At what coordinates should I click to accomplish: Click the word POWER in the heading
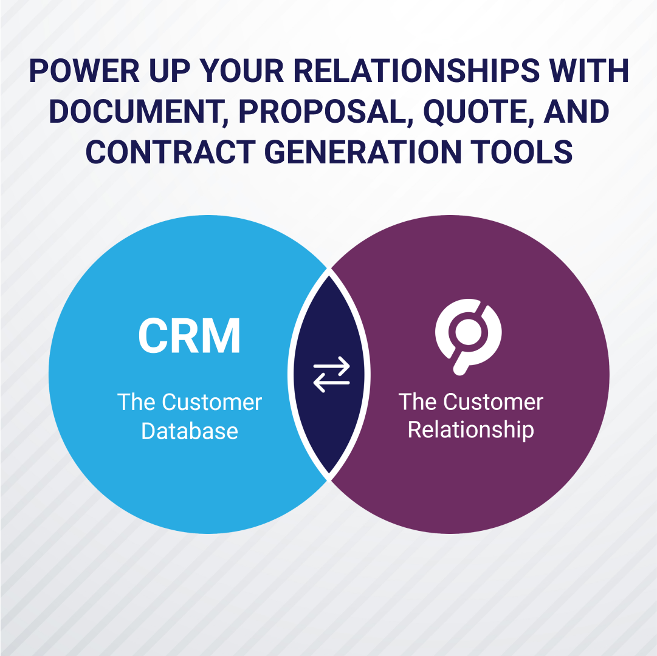pos(84,71)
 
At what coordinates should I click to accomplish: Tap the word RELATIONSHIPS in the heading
pos(416,71)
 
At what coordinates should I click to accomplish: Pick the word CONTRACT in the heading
pos(171,152)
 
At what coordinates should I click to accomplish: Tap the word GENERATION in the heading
pos(363,152)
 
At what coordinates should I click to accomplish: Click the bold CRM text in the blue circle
pos(190,336)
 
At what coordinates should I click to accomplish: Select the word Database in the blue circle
pos(190,431)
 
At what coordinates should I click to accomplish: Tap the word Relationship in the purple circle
pos(470,431)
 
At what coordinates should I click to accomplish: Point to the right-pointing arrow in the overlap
pos(331,366)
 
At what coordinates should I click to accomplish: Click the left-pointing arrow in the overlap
pos(331,383)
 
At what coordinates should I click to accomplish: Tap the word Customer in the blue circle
pos(212,402)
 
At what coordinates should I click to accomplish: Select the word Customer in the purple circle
pos(493,402)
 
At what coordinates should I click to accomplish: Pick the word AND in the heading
pos(576,112)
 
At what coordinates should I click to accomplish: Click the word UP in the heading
pos(170,71)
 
